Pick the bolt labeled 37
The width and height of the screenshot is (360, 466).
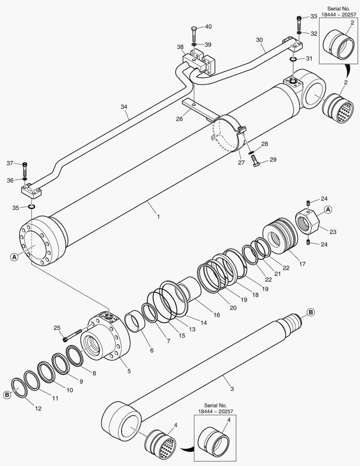coord(25,169)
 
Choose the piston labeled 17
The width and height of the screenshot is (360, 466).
coord(279,236)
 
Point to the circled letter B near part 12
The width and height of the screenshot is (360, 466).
coord(7,394)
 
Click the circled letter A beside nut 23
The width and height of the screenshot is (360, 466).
coord(328,209)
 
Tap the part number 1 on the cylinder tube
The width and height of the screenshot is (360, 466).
coord(158,216)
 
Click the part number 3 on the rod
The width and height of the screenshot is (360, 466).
coord(232,389)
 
